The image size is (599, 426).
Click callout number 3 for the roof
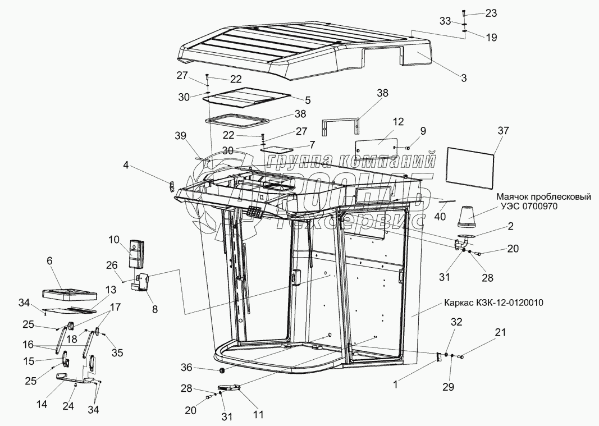tap(464, 78)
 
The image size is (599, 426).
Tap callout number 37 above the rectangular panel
tap(503, 131)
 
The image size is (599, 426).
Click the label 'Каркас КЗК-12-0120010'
tap(495, 303)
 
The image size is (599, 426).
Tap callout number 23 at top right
tap(491, 13)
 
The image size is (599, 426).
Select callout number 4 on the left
tap(126, 166)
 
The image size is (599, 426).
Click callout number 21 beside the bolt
tap(500, 333)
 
